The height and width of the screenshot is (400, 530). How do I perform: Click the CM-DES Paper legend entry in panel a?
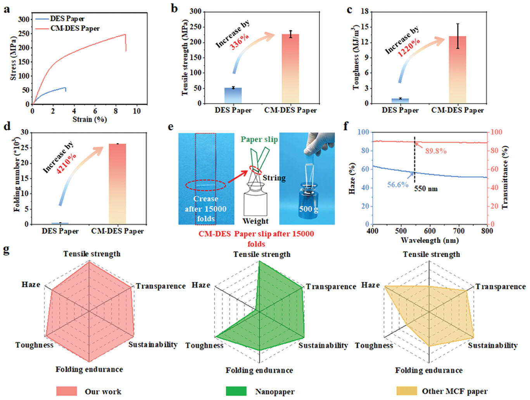click(x=75, y=28)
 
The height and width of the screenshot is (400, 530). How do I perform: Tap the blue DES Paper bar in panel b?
click(x=233, y=95)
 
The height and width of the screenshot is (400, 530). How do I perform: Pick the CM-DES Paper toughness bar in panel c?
click(x=457, y=70)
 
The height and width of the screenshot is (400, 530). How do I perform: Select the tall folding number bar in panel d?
click(x=117, y=184)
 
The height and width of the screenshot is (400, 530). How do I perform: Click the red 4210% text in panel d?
click(x=66, y=163)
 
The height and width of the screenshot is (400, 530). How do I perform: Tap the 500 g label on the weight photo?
click(x=308, y=209)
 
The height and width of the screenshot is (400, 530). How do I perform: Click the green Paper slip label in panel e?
click(x=259, y=139)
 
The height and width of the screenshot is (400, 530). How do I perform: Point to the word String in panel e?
click(x=274, y=178)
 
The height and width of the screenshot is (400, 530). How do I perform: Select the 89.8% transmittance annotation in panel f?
click(x=436, y=151)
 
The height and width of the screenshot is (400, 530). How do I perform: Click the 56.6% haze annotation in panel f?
click(x=398, y=185)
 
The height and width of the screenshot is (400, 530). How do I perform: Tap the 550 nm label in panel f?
click(x=426, y=189)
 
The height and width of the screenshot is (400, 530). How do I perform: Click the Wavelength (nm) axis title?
click(x=430, y=240)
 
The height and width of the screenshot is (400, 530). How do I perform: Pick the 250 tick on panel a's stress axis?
click(x=24, y=34)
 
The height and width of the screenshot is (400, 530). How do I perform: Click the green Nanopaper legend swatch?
click(x=236, y=391)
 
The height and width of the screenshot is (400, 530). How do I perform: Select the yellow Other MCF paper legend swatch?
click(x=407, y=391)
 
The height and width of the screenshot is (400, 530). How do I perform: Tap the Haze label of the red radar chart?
click(x=31, y=284)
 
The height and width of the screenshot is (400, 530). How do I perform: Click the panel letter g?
click(x=6, y=250)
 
